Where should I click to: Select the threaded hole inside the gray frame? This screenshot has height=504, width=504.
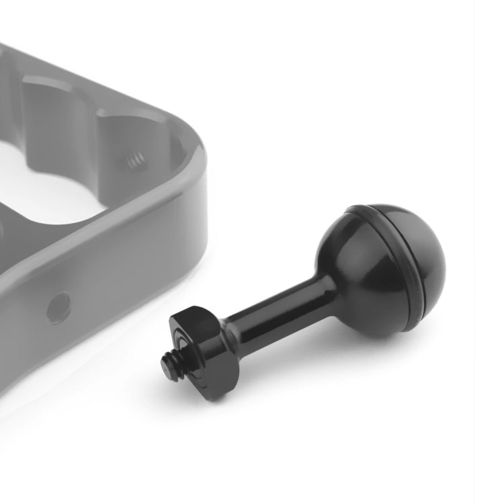[137, 161]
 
